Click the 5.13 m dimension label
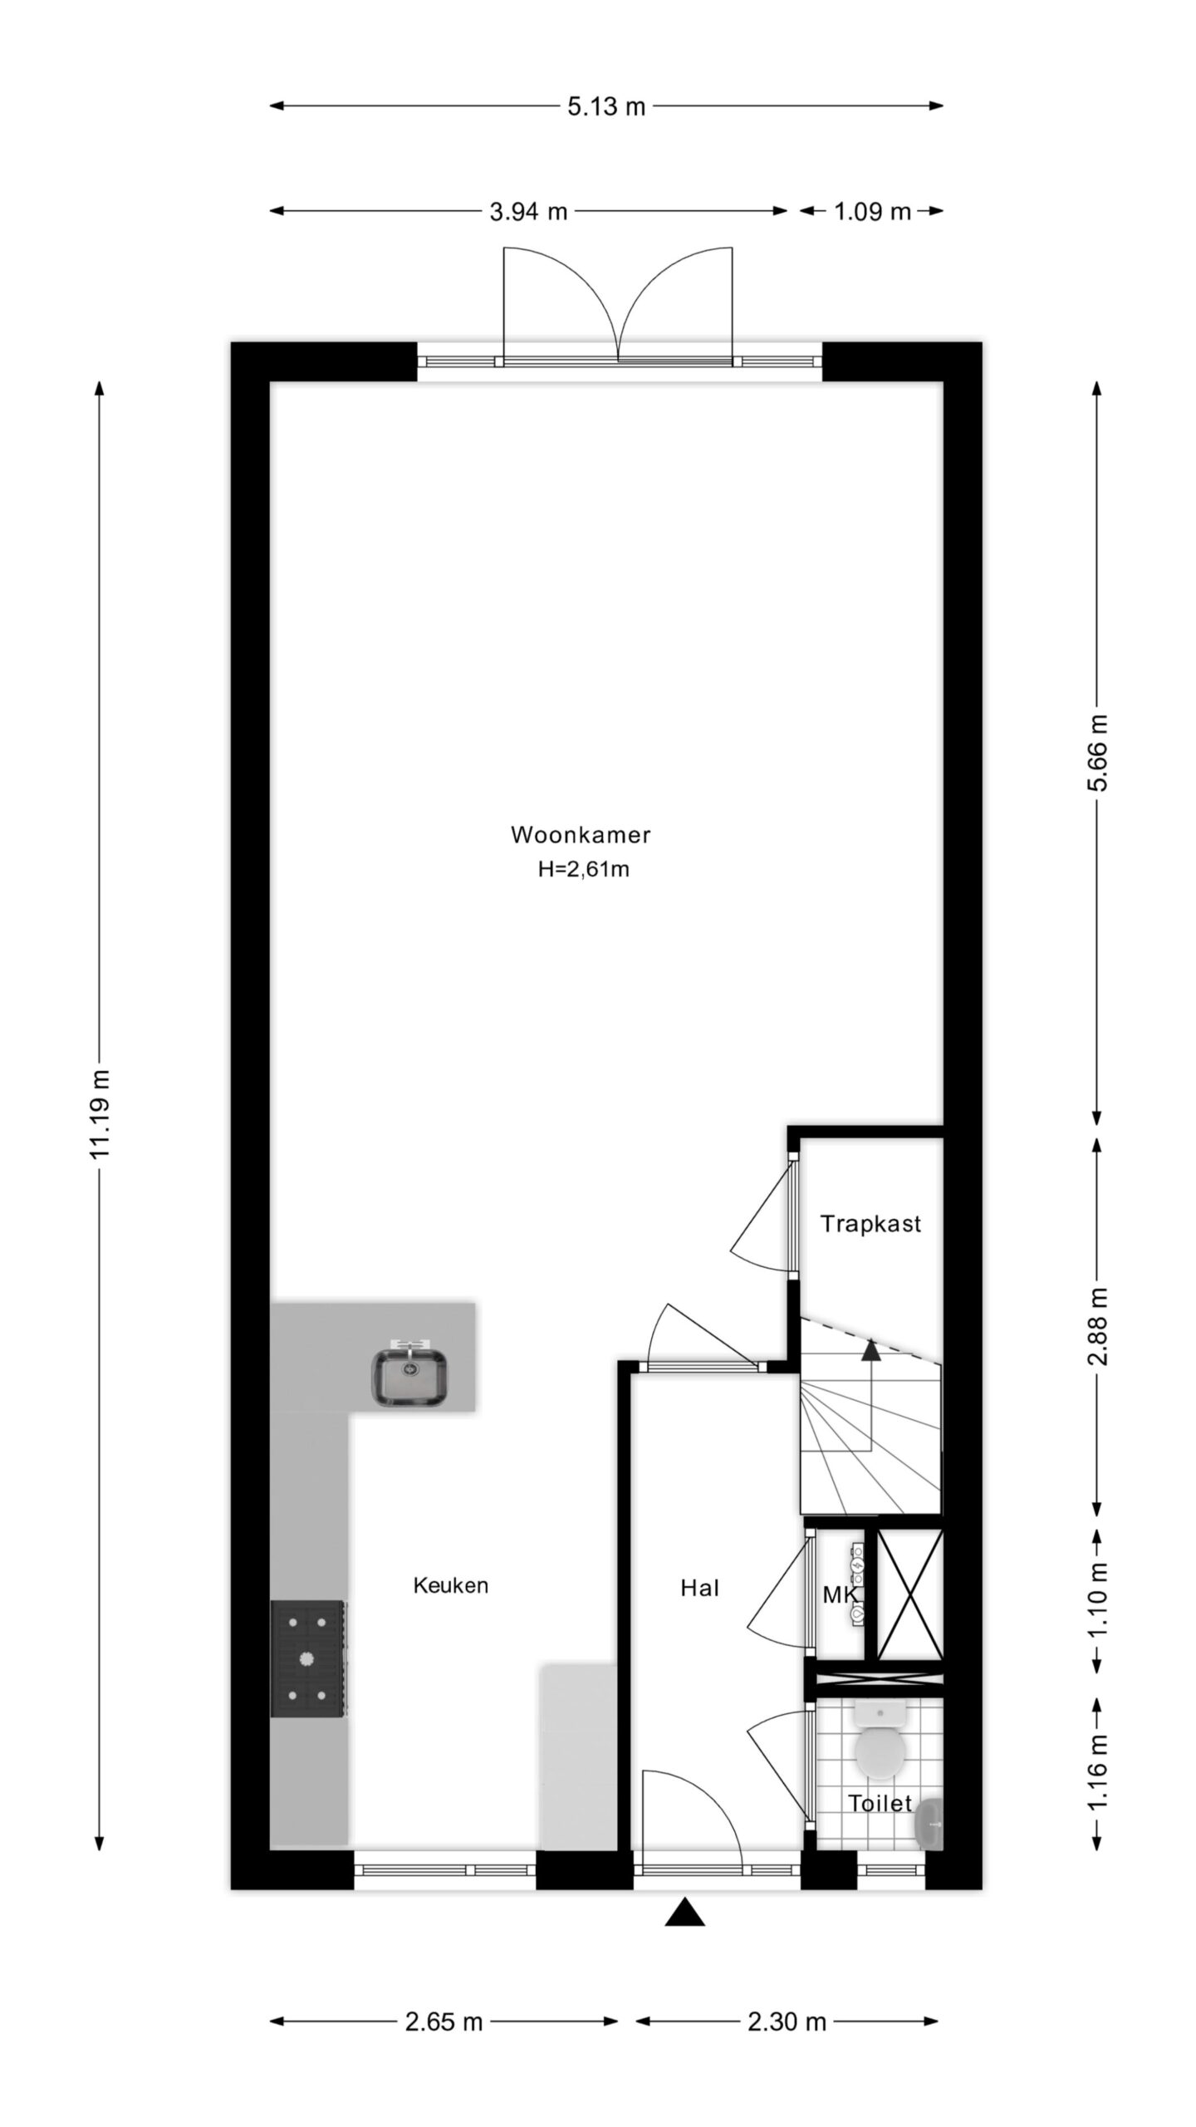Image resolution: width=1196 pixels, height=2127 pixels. tap(606, 106)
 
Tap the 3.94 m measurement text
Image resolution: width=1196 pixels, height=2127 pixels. tap(528, 212)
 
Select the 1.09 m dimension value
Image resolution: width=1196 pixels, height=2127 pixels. tap(872, 212)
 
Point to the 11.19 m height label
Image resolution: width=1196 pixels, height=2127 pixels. tap(100, 1114)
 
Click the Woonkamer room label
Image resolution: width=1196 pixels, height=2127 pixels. tap(581, 834)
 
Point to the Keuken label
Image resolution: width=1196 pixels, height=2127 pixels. tap(451, 1585)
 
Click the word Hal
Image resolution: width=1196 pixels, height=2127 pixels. tap(699, 1589)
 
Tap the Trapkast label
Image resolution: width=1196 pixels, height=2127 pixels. tap(870, 1224)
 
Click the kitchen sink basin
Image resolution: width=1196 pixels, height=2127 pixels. tap(409, 1378)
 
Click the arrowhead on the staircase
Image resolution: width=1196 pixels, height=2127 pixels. tap(870, 1350)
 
